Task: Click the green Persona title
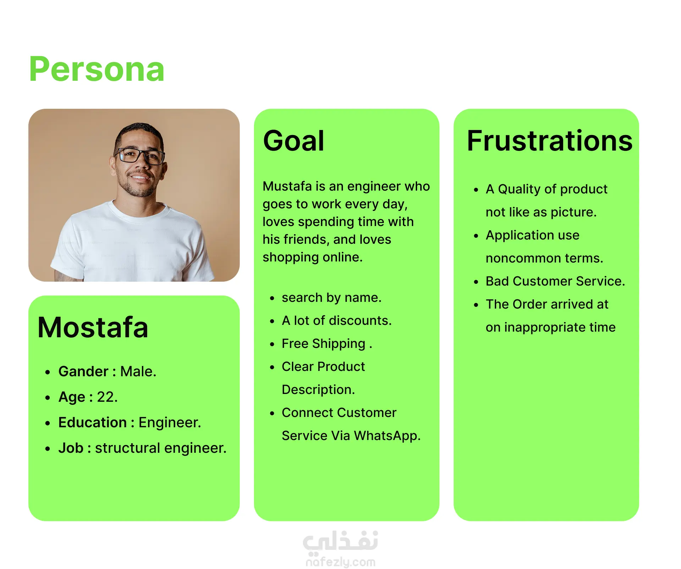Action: point(97,69)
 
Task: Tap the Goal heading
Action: point(294,141)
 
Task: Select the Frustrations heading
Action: point(550,141)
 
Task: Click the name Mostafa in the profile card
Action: point(93,327)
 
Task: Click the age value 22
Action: point(107,397)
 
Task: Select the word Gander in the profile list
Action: point(83,371)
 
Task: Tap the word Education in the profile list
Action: point(93,422)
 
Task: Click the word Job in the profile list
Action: point(71,448)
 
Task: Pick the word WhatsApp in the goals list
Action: point(387,436)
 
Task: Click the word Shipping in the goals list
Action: point(339,344)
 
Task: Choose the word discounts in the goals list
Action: point(360,321)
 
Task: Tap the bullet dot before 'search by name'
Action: point(272,298)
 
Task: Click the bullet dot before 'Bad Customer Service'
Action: point(476,282)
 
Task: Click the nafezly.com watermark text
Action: point(340,562)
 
